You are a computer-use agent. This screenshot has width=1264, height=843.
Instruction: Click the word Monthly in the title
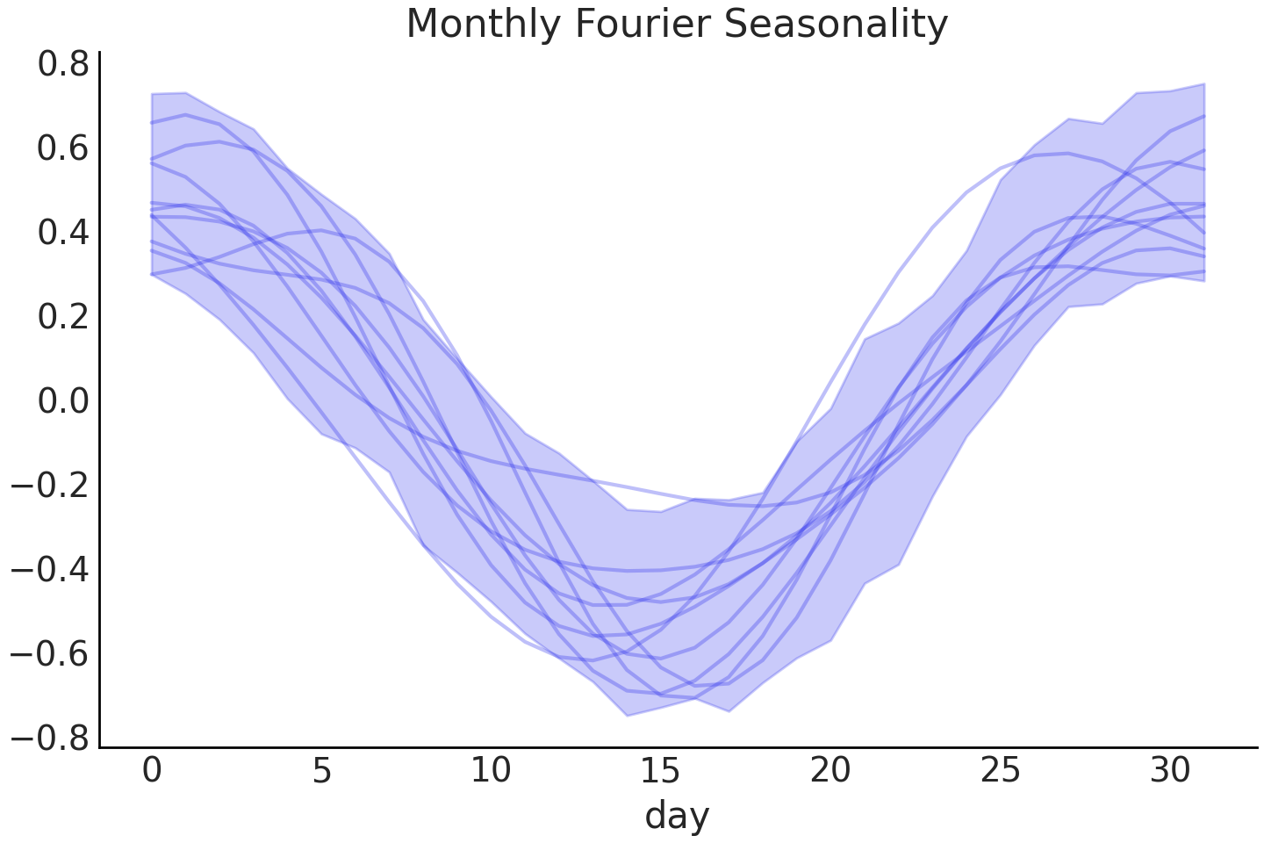485,25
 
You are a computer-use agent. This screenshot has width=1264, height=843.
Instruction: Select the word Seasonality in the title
835,25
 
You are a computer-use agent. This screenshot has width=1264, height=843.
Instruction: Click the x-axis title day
677,816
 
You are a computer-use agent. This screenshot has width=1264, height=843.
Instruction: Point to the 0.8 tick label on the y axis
62,65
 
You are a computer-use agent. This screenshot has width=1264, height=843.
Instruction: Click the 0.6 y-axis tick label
62,148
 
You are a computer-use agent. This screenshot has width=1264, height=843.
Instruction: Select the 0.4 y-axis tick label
62,233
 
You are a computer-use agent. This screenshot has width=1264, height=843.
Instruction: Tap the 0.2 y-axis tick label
62,317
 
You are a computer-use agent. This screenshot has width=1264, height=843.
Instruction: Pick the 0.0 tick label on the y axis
62,401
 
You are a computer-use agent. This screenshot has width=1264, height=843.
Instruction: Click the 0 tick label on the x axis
152,770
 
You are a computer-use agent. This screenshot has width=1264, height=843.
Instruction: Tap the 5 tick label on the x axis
321,770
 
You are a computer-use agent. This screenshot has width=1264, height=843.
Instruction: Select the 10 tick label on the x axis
491,770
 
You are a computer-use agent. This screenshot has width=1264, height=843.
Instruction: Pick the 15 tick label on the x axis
660,770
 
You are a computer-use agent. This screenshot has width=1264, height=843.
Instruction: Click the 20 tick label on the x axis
830,770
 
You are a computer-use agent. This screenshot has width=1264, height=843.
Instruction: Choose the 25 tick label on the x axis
1000,770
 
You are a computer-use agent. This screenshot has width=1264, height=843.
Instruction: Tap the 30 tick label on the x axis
1169,770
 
